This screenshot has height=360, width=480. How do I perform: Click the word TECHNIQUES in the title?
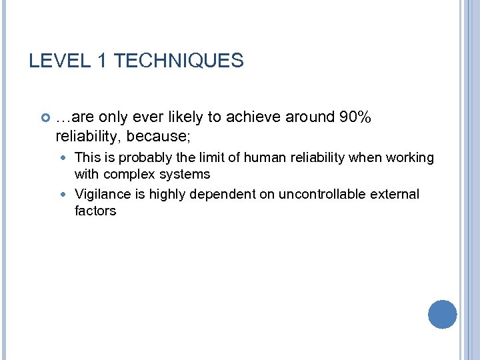coord(179,61)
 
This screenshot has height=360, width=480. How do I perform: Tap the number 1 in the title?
coord(102,61)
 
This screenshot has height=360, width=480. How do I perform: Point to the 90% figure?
coord(355,117)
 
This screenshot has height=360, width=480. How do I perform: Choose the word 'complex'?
coord(133,175)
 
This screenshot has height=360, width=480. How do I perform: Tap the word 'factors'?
coord(95,211)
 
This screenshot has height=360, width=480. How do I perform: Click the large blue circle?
coord(442,314)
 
